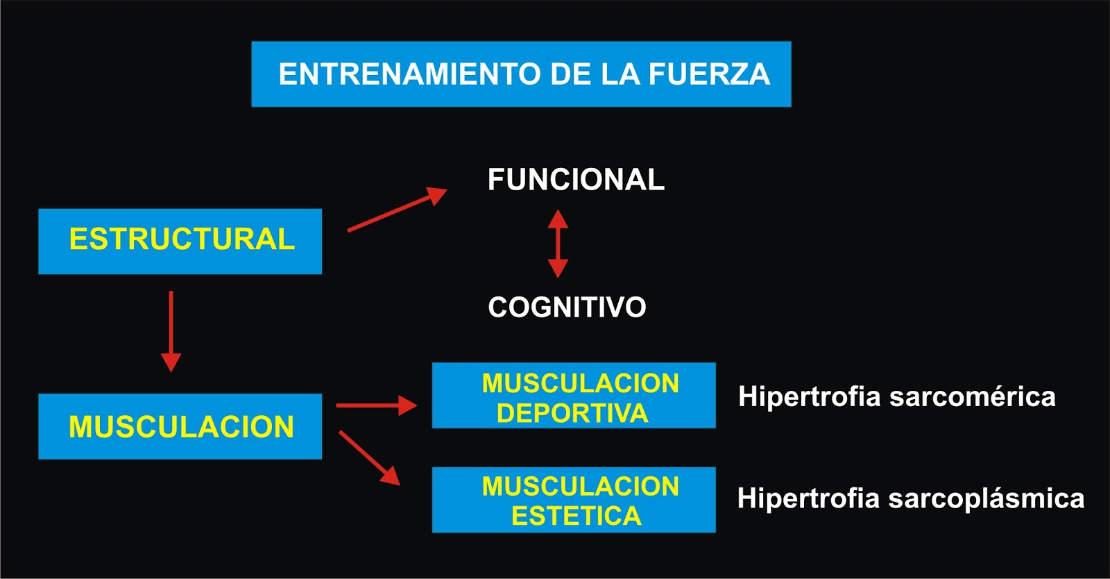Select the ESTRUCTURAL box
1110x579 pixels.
coord(180,240)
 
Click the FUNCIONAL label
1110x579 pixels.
coord(576,180)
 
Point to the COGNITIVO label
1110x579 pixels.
coord(567,307)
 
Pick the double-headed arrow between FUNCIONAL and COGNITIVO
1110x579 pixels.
coord(558,244)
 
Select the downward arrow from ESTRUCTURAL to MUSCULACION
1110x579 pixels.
coord(171,330)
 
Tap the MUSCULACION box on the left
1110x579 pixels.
coord(180,426)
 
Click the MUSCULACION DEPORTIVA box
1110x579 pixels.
coord(574,395)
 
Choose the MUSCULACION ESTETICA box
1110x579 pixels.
coord(574,500)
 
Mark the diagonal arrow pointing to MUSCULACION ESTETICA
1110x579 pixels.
coord(369,458)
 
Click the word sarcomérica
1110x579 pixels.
coord(973,397)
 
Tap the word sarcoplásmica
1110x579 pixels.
coord(986,498)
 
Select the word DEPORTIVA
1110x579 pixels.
coord(572,413)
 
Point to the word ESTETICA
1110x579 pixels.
coord(576,516)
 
